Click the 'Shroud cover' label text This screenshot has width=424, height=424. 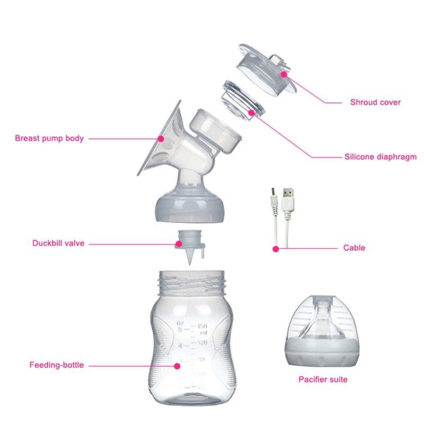point(375,102)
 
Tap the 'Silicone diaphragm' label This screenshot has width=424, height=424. point(381,157)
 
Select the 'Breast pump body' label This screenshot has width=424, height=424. point(49,138)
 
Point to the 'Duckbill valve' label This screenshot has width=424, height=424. point(58,243)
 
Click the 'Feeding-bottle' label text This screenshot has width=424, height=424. point(57,365)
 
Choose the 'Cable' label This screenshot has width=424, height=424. point(354,248)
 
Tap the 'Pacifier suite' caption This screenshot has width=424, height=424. point(323,379)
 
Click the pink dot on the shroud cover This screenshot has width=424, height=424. point(284,74)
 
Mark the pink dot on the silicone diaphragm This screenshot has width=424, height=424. point(251,112)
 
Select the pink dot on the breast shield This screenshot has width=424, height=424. point(161,139)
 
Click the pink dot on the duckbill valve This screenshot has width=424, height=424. point(179,244)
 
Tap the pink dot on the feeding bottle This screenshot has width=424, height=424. point(177,366)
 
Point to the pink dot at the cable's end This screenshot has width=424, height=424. point(276,249)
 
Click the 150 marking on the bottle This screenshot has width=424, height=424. point(202,326)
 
